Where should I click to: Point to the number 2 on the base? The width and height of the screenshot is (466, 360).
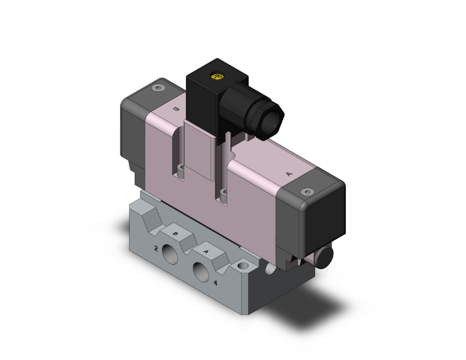(155, 249)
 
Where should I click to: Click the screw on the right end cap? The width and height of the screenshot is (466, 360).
(306, 192)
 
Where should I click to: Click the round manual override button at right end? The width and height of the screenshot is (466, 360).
(325, 255)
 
